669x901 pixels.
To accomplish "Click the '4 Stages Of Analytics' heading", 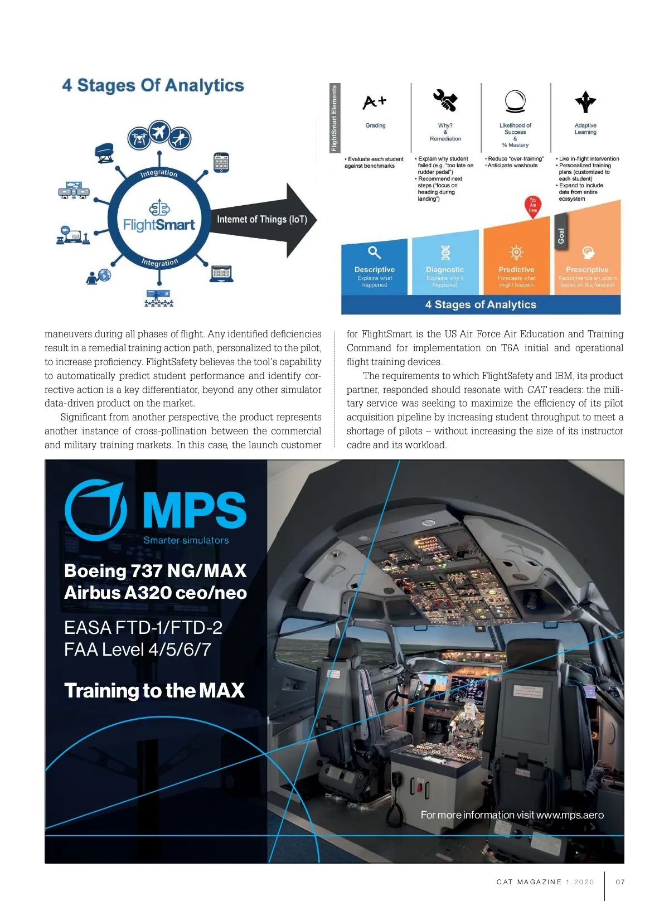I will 153,85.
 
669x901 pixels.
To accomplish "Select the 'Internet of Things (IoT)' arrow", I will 262,219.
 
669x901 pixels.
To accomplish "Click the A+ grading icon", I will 375,102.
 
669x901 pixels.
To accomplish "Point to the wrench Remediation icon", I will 445,101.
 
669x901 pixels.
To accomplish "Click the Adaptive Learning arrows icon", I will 585,101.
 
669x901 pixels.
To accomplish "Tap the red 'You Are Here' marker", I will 533,206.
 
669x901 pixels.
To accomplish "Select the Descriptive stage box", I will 375,268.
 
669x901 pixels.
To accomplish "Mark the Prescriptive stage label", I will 587,269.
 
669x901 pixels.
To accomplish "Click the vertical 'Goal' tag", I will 561,236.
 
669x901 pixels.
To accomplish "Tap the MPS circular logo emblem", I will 96,510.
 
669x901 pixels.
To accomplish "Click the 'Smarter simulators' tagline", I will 186,540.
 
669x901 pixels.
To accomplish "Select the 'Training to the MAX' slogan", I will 154,690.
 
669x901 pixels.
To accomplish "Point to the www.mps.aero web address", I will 570,815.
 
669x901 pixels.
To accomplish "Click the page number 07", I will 620,882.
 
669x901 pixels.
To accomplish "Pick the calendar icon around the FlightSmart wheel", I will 221,162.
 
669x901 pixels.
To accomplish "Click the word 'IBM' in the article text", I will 564,376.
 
